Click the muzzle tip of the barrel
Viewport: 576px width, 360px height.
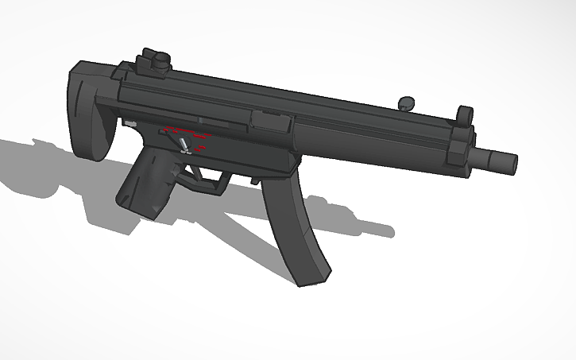[x=512, y=163]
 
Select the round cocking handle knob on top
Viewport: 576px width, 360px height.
[x=407, y=103]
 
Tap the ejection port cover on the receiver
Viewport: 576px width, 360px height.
[x=269, y=122]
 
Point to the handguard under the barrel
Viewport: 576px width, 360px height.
[x=373, y=139]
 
